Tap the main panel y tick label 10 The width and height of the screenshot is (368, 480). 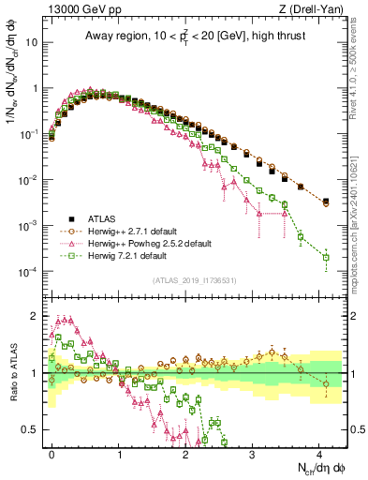coord(33,42)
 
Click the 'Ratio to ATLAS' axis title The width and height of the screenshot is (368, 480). coord(12,372)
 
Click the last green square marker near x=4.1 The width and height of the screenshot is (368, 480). coord(326,257)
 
